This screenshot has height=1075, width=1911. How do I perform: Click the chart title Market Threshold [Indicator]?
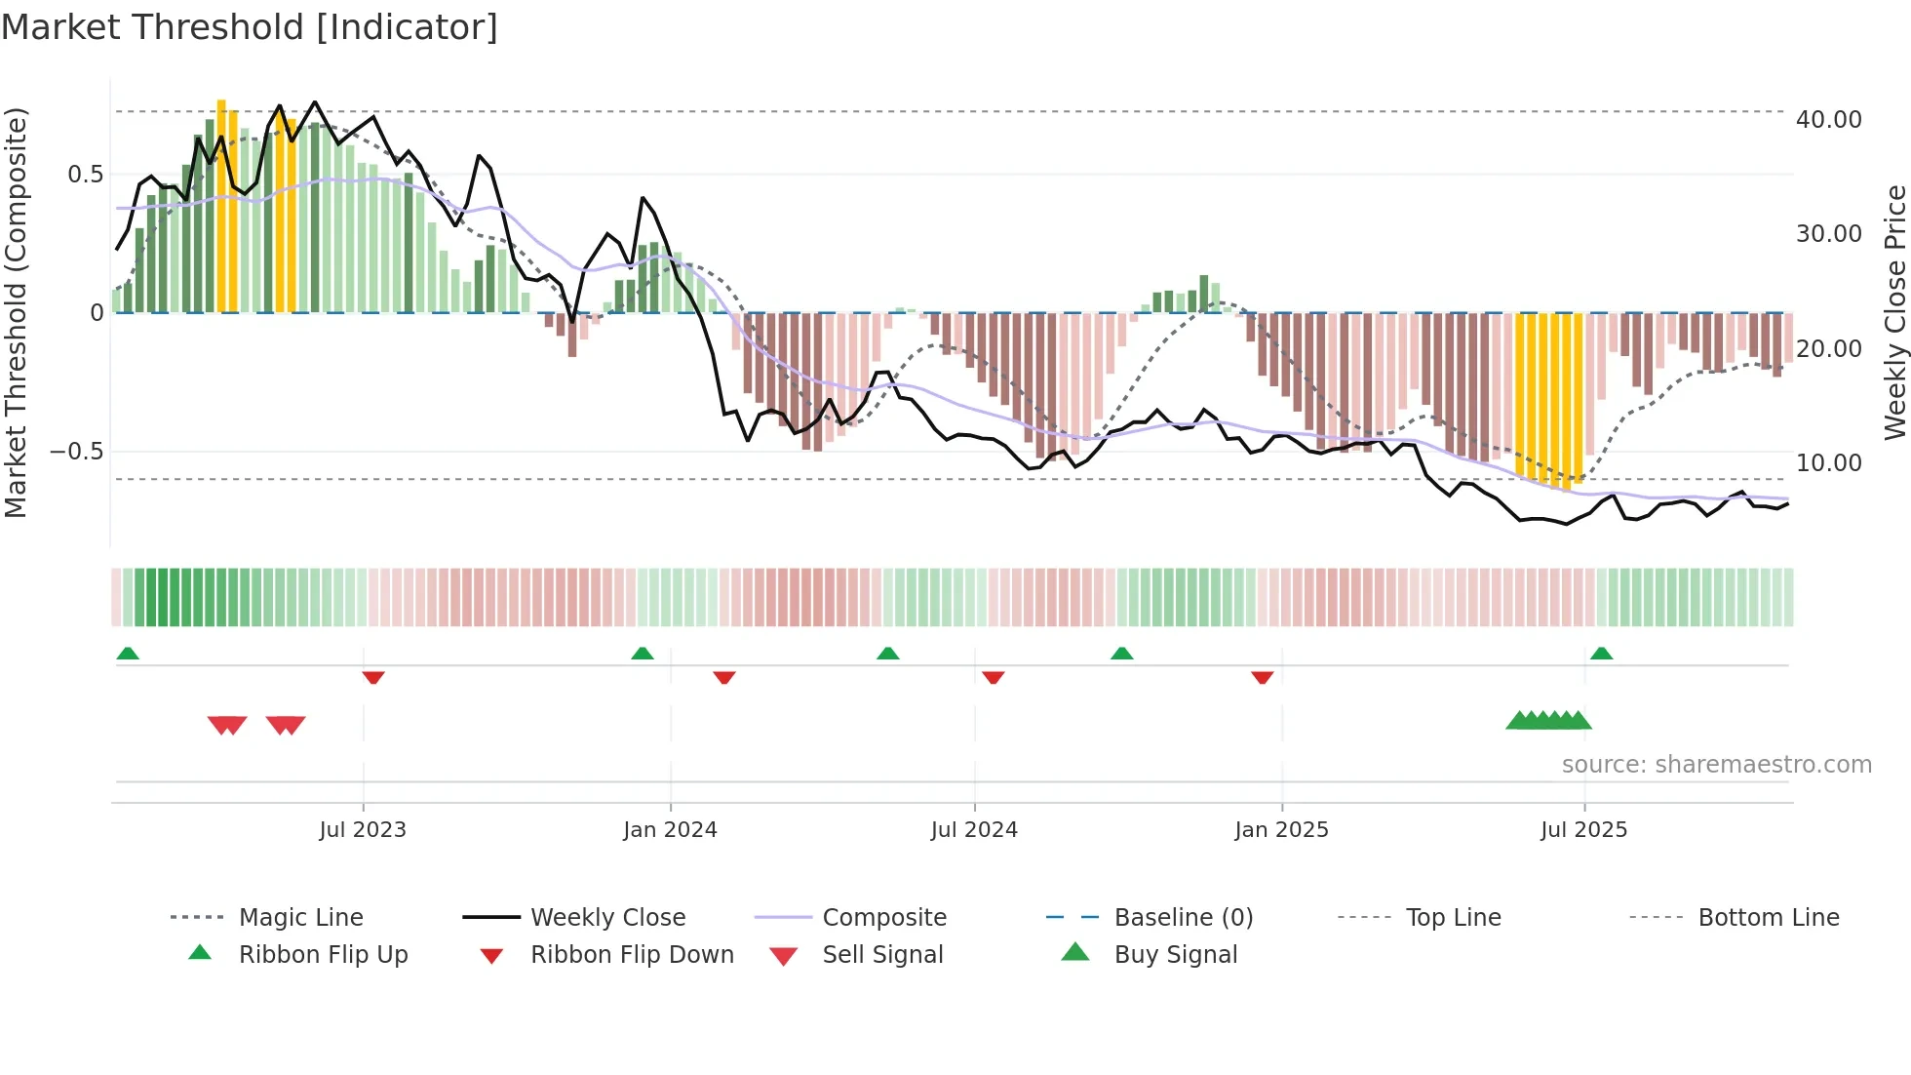click(250, 27)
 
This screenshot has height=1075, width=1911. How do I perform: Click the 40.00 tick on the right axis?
click(1828, 120)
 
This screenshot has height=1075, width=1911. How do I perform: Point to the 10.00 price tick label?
click(1828, 463)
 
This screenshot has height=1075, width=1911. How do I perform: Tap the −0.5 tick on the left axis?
click(76, 452)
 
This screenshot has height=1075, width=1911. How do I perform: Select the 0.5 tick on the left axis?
click(85, 175)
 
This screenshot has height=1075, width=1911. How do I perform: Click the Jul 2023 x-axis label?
click(363, 830)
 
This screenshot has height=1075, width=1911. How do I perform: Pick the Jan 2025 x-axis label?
click(1281, 830)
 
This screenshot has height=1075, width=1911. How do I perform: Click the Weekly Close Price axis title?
click(1894, 312)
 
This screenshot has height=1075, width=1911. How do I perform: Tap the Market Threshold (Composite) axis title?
click(16, 312)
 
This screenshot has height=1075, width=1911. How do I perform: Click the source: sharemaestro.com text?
click(1716, 765)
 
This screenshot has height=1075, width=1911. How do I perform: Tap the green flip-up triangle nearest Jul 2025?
click(1601, 654)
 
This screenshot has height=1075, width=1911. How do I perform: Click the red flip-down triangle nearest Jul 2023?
click(373, 677)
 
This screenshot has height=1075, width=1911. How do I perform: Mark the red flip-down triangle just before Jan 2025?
click(1262, 677)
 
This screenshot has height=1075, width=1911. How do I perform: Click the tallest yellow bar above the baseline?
click(221, 205)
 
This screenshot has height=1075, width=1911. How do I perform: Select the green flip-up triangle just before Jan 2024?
click(642, 654)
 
